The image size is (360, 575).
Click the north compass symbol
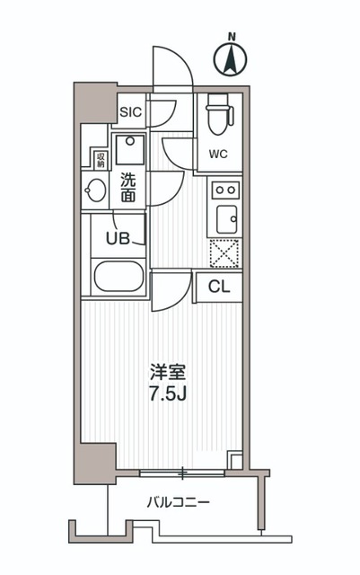pos(232,59)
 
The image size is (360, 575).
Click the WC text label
pos(219,154)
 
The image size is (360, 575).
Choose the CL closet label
pos(219,287)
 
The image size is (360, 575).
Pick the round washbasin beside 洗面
pos(95,190)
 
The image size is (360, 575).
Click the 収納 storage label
pos(99,161)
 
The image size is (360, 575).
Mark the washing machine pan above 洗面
pos(130,147)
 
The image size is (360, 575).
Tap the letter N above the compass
pos(232,37)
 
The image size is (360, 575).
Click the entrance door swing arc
pos(171,67)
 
